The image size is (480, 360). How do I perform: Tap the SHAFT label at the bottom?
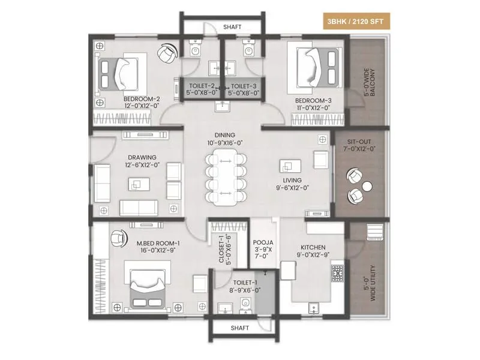(x=241, y=328)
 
